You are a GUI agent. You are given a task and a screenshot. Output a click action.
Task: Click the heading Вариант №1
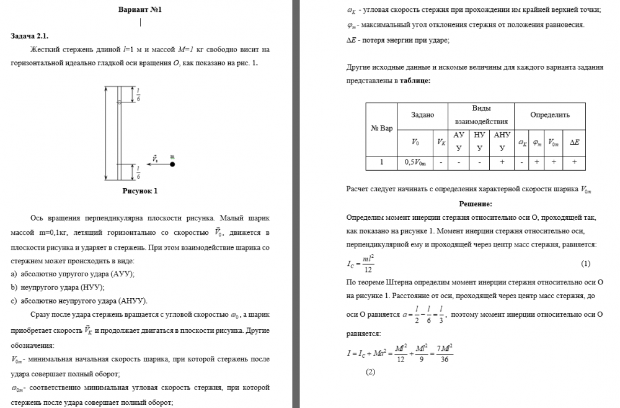tap(140, 11)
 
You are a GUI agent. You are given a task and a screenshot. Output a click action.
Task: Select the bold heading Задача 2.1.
tap(30, 36)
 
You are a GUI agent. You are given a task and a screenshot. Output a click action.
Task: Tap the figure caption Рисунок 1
tap(140, 191)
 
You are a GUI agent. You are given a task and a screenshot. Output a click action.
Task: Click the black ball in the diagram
tap(172, 165)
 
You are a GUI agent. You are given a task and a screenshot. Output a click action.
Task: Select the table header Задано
tap(423, 116)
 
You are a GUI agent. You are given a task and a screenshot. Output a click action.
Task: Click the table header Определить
tap(549, 116)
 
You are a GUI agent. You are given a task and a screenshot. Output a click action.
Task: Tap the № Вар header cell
tap(381, 129)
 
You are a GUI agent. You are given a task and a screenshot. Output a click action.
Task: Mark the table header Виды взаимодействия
tap(481, 116)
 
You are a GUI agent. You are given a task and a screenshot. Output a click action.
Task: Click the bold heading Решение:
tap(476, 204)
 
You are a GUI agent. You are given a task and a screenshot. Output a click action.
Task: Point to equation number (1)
tap(585, 264)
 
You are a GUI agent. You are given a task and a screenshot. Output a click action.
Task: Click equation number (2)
tap(371, 372)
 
